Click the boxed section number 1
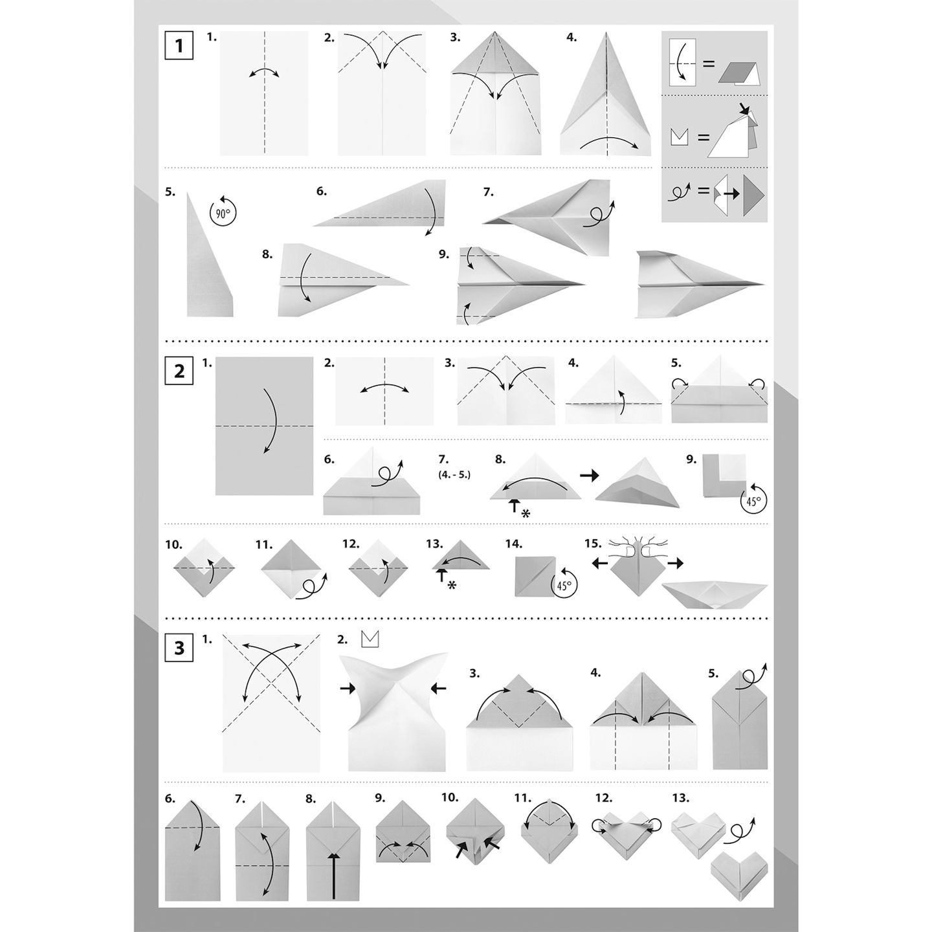(179, 46)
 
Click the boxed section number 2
(179, 371)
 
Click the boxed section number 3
(179, 647)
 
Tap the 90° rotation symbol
(223, 212)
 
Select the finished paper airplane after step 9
(700, 284)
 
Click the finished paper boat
(715, 595)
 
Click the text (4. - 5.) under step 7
(454, 474)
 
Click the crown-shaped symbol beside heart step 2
(370, 639)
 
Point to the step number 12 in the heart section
(604, 798)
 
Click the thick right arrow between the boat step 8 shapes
(589, 476)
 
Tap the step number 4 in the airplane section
(571, 38)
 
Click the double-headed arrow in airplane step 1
(264, 71)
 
